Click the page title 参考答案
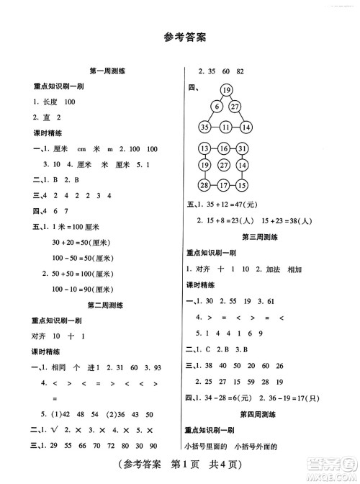[180, 37]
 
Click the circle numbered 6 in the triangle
[215, 107]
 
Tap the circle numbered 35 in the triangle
[204, 127]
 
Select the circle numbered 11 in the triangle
[225, 127]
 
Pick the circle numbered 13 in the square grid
[204, 149]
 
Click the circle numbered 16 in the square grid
[225, 149]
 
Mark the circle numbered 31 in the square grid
[246, 149]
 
